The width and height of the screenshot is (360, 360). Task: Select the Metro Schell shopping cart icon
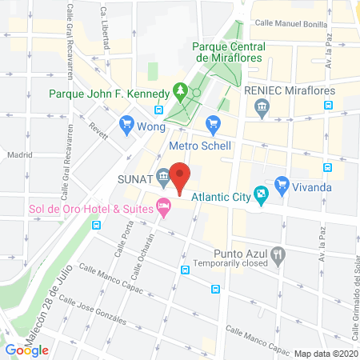213,123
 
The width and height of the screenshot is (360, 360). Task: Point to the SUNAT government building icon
162,176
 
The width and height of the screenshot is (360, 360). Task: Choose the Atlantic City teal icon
261,193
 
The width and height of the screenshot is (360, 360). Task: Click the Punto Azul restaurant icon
278,256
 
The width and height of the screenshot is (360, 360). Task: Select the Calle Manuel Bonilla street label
290,25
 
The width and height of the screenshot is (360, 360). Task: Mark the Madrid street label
18,154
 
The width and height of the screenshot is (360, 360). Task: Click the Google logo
26,350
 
